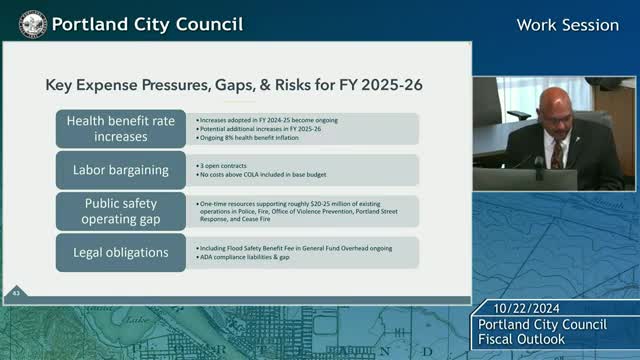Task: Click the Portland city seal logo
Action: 32,22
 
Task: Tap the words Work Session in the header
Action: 567,24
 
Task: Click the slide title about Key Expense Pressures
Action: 234,85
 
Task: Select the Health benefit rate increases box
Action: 120,129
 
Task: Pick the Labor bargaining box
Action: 120,170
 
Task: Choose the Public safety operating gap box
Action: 120,211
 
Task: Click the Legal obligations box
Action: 120,252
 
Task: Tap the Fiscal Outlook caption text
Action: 521,340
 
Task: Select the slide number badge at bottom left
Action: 17,292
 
